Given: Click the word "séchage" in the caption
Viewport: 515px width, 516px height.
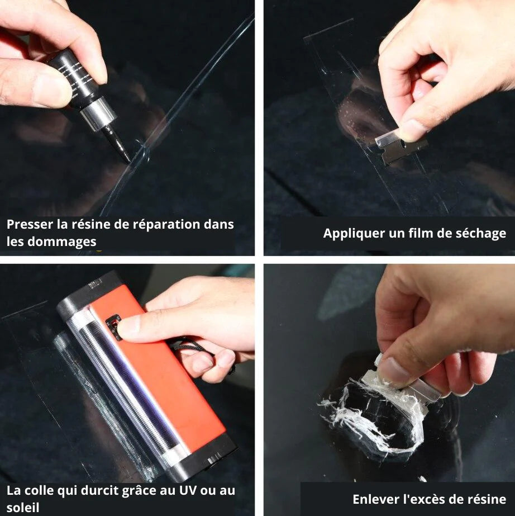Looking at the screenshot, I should (483, 233).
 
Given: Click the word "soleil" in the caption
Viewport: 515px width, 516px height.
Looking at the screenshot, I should (23, 508).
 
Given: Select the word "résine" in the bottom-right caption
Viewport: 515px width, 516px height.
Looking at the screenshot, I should (485, 499).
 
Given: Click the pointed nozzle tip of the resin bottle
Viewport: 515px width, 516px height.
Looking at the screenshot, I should (126, 157).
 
